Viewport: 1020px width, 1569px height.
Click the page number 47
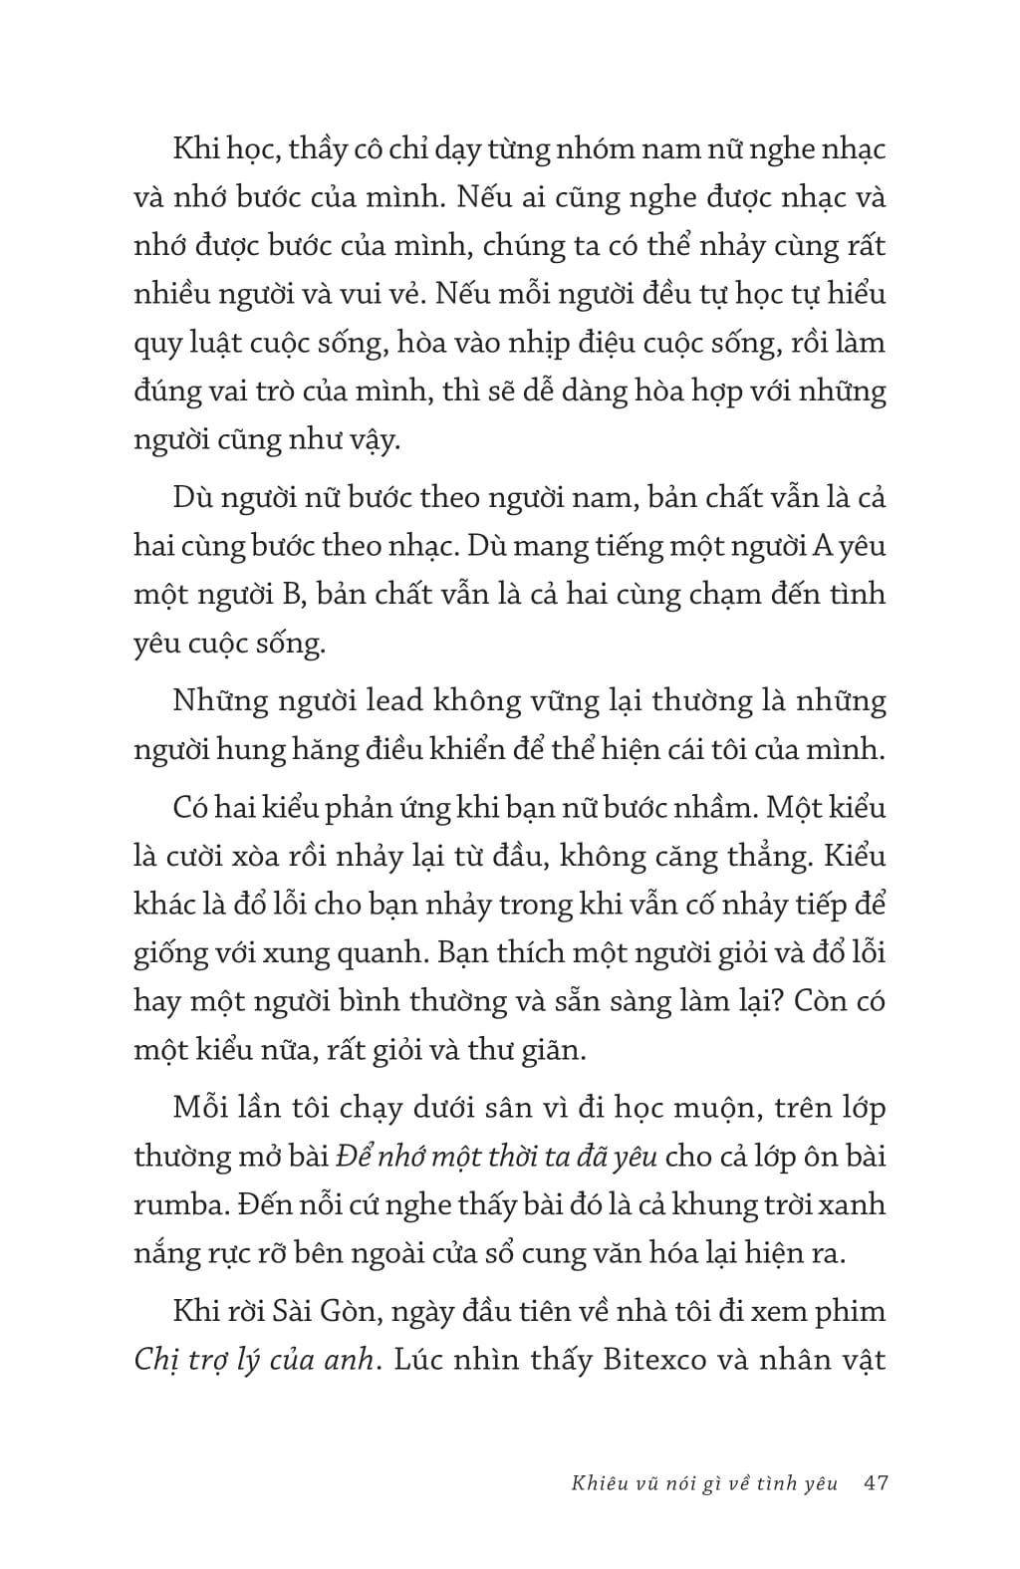877,1483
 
